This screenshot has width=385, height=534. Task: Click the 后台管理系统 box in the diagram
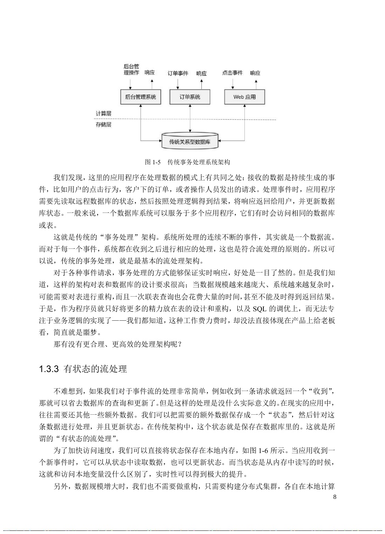click(140, 97)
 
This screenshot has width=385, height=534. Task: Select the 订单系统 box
click(190, 97)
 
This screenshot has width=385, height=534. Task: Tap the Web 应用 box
click(244, 97)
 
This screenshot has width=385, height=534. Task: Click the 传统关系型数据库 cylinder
click(190, 141)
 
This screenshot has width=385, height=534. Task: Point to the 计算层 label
click(103, 113)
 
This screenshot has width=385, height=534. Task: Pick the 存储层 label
click(103, 124)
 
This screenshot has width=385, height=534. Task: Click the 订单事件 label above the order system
click(178, 73)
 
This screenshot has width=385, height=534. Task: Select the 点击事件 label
click(232, 73)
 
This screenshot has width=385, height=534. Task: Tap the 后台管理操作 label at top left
click(131, 70)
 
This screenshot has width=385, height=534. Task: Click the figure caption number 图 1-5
click(152, 162)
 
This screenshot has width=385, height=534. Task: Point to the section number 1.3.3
click(49, 369)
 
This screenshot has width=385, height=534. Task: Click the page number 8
click(335, 497)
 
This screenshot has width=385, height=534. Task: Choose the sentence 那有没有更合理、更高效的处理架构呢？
click(118, 344)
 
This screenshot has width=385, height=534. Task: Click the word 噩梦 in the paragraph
click(94, 332)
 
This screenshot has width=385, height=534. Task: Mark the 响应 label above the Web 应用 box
click(255, 73)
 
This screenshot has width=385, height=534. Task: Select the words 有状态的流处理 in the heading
click(95, 369)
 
